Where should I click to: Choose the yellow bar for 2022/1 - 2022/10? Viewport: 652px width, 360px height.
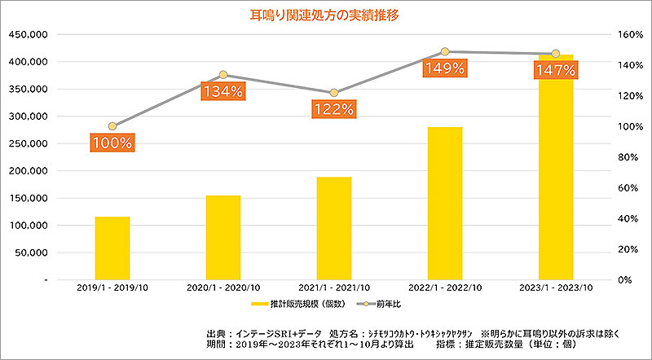click(x=445, y=203)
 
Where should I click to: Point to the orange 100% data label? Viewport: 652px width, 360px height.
click(x=112, y=143)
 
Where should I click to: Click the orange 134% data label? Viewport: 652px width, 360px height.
click(x=223, y=91)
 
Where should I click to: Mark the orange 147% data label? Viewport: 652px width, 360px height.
click(x=556, y=71)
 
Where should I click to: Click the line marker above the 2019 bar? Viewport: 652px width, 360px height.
click(x=112, y=126)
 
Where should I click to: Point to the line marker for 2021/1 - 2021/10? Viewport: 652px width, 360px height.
click(x=334, y=93)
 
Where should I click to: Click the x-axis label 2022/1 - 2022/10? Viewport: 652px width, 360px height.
click(x=445, y=288)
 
